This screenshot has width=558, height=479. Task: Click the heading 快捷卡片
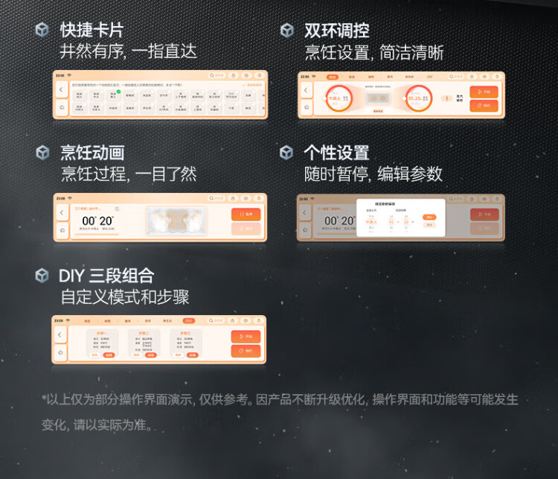[x=91, y=31]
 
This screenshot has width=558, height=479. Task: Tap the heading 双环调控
[x=336, y=31]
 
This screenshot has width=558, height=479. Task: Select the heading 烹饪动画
[x=92, y=153]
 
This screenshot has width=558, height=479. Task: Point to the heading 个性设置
[x=336, y=153]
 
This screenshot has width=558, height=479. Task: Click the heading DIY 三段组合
[x=106, y=276]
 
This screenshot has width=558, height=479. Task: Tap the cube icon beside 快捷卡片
[x=42, y=31]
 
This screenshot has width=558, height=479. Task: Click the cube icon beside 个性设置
[x=286, y=153]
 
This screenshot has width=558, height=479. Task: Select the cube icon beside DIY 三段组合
[x=42, y=276]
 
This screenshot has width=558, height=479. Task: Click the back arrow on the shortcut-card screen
[x=61, y=89]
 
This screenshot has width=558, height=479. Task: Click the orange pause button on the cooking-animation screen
[x=246, y=214]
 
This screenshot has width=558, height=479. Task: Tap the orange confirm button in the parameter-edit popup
[x=429, y=217]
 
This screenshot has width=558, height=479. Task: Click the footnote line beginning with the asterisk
[x=279, y=400]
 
